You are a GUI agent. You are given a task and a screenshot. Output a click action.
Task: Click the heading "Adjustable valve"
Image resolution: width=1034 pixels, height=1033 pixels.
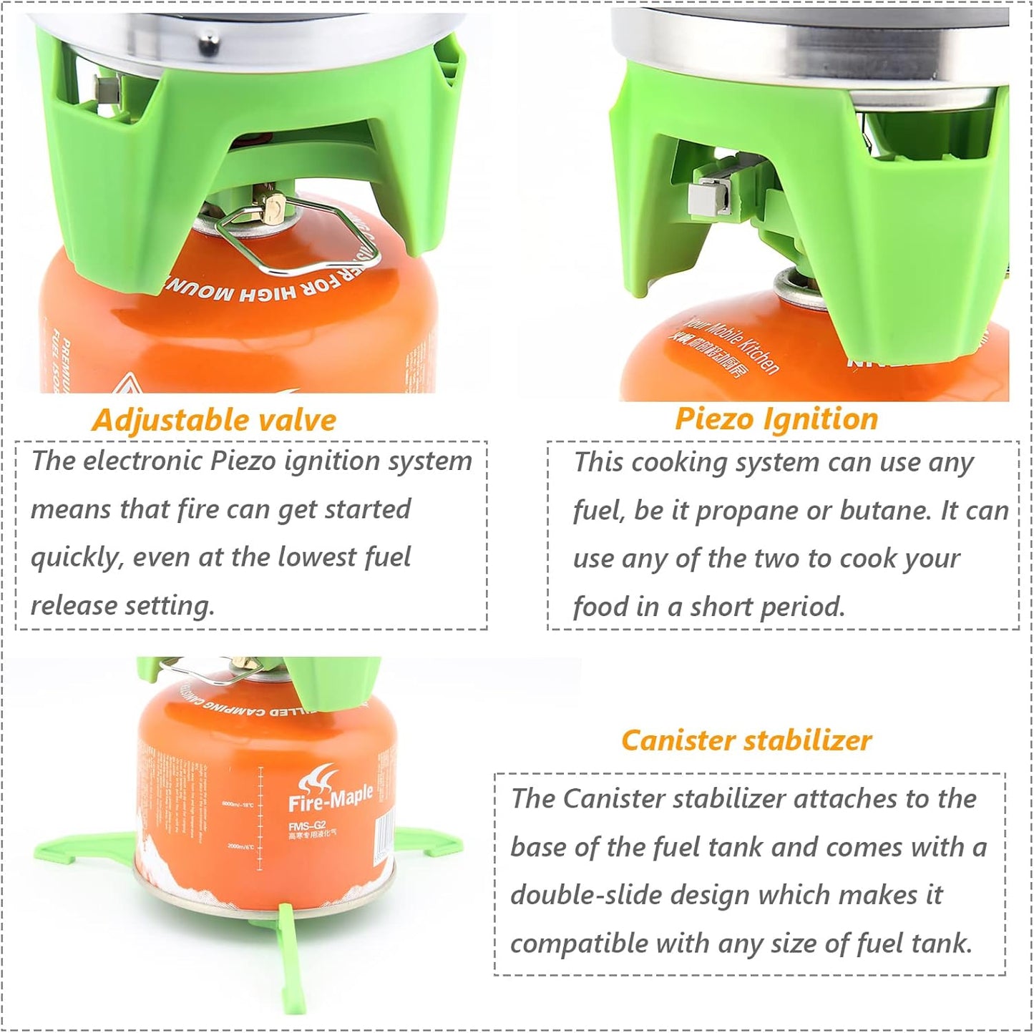(x=214, y=420)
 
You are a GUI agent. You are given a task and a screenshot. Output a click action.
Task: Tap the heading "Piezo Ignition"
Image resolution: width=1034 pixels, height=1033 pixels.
(x=776, y=418)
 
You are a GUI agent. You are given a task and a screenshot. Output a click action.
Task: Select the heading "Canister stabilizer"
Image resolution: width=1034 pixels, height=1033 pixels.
(x=746, y=740)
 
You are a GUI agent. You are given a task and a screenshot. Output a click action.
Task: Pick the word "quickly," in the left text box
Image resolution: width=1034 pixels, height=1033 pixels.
(x=76, y=558)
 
